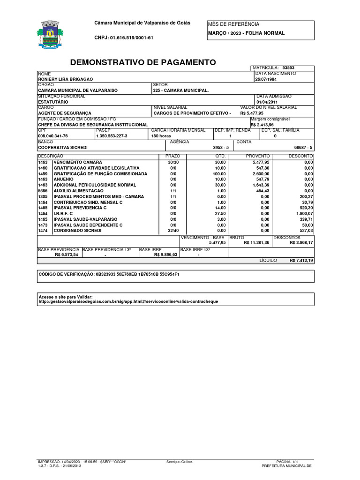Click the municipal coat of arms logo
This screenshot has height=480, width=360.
48,35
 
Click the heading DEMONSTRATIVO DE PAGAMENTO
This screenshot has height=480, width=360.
143,62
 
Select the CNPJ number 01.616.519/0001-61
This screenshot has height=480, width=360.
124,37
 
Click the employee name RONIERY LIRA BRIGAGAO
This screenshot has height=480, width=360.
66,79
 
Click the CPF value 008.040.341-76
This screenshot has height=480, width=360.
53,136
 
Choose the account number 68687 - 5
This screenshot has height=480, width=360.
303,147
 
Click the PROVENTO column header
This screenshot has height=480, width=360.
258,156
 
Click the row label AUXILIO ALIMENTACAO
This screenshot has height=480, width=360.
78,191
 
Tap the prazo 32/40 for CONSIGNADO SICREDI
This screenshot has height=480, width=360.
173,231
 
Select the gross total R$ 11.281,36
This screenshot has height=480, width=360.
256,243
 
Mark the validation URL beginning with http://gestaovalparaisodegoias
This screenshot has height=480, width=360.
128,302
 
